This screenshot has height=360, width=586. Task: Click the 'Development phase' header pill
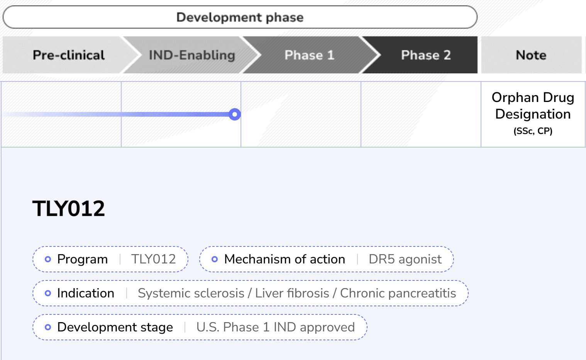pyautogui.click(x=240, y=17)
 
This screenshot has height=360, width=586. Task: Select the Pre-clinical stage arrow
pyautogui.click(x=69, y=55)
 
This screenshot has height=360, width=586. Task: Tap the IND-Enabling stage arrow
pyautogui.click(x=192, y=55)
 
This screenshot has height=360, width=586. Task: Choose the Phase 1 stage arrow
pyautogui.click(x=310, y=55)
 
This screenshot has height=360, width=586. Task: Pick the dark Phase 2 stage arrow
pyautogui.click(x=426, y=55)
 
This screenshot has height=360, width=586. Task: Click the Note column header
pyautogui.click(x=531, y=55)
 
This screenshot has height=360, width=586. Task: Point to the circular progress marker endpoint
pyautogui.click(x=235, y=114)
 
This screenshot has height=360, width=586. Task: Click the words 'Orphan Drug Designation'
pyautogui.click(x=533, y=105)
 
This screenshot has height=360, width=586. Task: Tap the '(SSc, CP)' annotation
pyautogui.click(x=533, y=131)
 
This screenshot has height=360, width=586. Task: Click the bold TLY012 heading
pyautogui.click(x=69, y=209)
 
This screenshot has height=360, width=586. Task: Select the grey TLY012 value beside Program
pyautogui.click(x=153, y=259)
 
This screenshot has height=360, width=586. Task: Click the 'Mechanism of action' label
pyautogui.click(x=285, y=259)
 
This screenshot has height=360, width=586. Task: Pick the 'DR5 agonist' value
pyautogui.click(x=405, y=259)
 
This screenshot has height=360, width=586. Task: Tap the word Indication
pyautogui.click(x=86, y=293)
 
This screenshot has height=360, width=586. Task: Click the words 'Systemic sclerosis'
pyautogui.click(x=191, y=293)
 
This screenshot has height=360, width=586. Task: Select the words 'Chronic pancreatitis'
pyautogui.click(x=398, y=293)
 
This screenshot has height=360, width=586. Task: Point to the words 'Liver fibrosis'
pyautogui.click(x=292, y=293)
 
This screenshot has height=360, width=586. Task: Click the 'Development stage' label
pyautogui.click(x=115, y=327)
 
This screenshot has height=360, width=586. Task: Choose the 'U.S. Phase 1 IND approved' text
pyautogui.click(x=276, y=327)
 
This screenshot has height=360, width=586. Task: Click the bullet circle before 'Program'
pyautogui.click(x=48, y=259)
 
